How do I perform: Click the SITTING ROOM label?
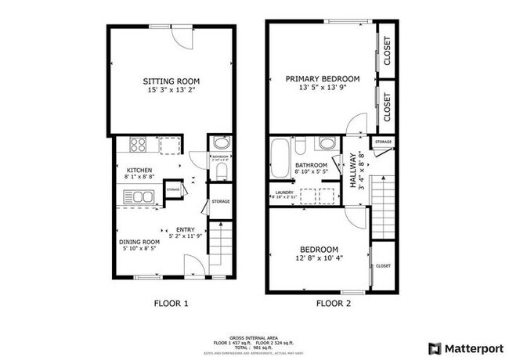[171, 81]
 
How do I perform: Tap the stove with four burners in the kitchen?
[138, 145]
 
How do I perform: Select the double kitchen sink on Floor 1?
[137, 196]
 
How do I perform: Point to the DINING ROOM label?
[139, 242]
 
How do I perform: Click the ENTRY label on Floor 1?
[186, 229]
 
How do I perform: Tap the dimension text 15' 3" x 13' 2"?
[171, 91]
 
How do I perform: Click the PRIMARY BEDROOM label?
[323, 79]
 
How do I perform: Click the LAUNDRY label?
[283, 191]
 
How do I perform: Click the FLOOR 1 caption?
[170, 303]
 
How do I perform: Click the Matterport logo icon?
[432, 347]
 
